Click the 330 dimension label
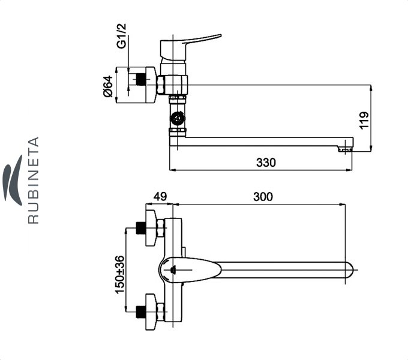pos(266,163)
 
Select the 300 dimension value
pos(263,197)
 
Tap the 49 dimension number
pos(160,197)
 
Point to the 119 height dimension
pos(364,120)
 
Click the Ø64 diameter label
pos(108,86)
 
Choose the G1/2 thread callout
pos(121,36)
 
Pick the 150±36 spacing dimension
pos(119,275)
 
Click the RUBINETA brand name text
pos(34,180)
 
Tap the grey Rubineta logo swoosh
pos(12,180)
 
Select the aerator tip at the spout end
pos(345,149)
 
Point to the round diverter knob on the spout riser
pos(178,119)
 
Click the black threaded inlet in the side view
pos(140,79)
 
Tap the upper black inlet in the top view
pos(141,227)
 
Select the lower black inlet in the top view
pos(141,312)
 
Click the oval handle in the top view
pos(190,270)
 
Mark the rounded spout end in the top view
pos(349,270)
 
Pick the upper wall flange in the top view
pos(151,228)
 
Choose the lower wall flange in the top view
pos(151,312)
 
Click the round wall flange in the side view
pos(151,85)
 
